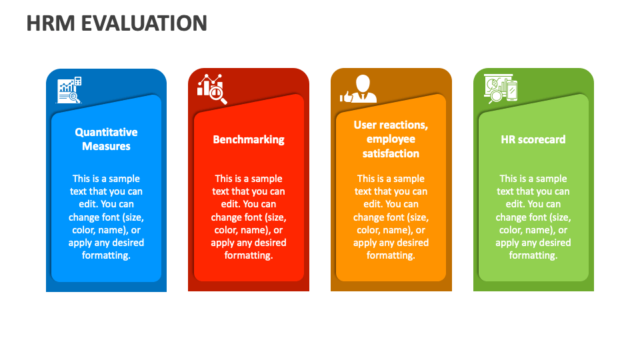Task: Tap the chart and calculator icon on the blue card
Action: pos(69,90)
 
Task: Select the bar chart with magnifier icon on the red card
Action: pos(212,89)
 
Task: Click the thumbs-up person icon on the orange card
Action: pos(358,89)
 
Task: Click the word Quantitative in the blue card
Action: pos(106,132)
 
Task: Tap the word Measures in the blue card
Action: pos(106,146)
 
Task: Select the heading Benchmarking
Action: pos(249,139)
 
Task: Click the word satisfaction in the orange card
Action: pos(391,153)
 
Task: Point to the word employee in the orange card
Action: pos(391,139)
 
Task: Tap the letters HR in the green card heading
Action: pos(508,139)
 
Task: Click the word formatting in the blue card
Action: pos(105,255)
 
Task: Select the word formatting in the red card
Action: pos(248,255)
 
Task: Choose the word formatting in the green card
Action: pos(533,255)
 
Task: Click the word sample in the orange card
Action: pos(407,179)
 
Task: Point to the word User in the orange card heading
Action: pos(365,125)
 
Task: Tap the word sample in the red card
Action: pos(265,179)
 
